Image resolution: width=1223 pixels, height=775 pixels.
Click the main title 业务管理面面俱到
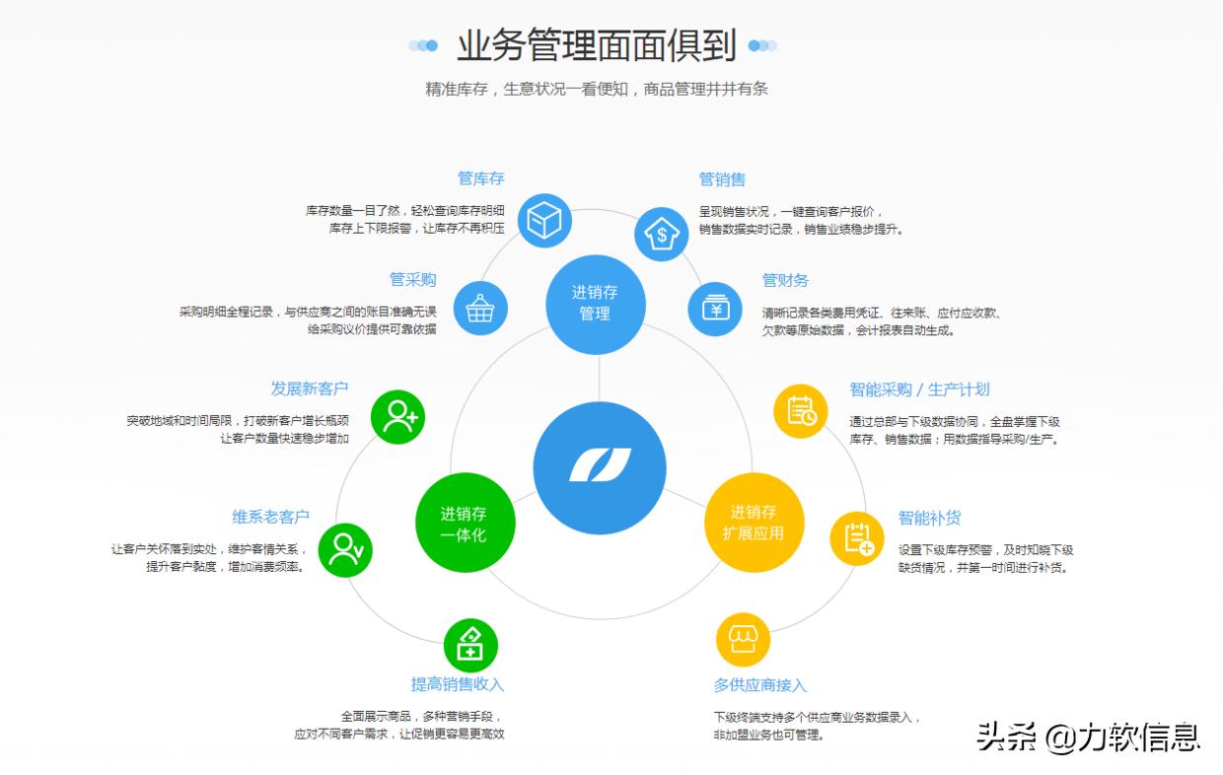[596, 45]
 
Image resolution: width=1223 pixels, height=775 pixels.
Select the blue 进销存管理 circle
[595, 304]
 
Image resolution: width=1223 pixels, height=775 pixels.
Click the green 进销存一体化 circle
[465, 524]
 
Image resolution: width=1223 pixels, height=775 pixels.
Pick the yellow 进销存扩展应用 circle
[754, 523]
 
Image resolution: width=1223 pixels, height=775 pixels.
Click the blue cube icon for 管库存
[543, 220]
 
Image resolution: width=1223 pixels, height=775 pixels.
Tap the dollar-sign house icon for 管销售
[661, 234]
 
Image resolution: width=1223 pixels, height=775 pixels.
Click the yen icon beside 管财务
[715, 309]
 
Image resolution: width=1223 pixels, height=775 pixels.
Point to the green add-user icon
[398, 416]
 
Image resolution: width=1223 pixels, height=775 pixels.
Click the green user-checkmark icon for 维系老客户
[345, 549]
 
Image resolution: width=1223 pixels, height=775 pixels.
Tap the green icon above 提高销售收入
[470, 646]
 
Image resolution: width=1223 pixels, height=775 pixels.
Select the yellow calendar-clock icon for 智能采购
[801, 411]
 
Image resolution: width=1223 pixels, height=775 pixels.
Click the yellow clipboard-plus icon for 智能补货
[856, 538]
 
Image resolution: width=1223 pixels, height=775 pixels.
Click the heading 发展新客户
[310, 388]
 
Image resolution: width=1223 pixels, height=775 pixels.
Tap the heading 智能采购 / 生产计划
[919, 389]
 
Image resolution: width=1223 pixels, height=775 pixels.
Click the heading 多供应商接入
[760, 684]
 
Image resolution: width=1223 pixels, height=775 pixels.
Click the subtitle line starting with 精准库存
[596, 89]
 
